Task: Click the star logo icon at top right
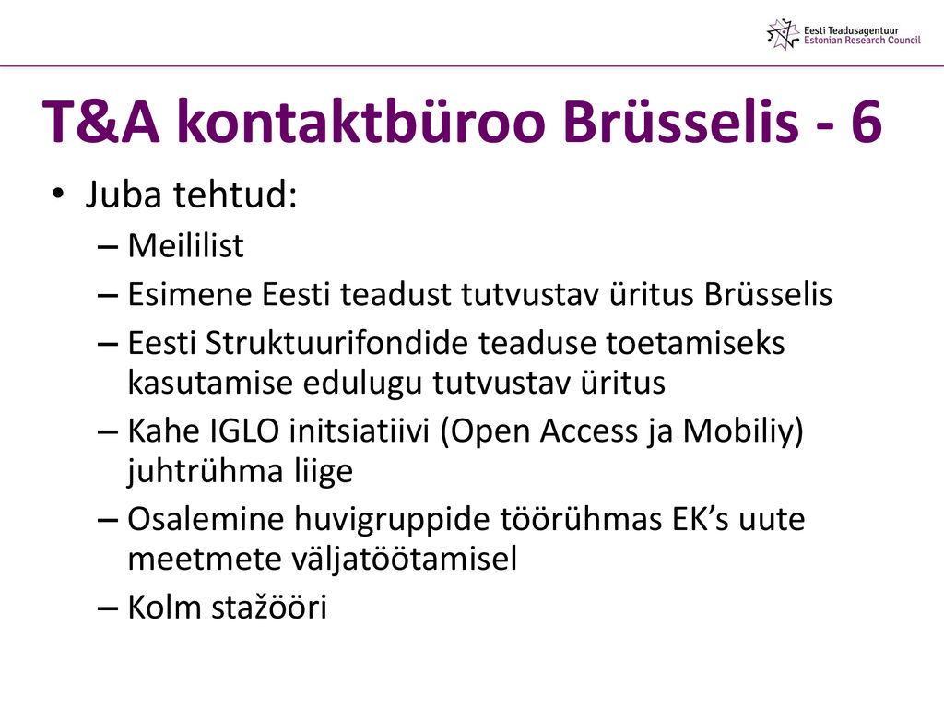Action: pos(784,34)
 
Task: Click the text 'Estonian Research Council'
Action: pos(862,41)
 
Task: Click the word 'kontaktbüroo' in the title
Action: pos(360,121)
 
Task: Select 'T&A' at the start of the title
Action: pos(101,122)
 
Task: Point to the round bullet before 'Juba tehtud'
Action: pos(58,194)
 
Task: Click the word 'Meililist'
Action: pos(185,245)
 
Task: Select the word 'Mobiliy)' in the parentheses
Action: pos(743,432)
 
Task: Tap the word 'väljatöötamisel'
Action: pos(405,559)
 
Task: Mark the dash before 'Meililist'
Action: pos(107,247)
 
